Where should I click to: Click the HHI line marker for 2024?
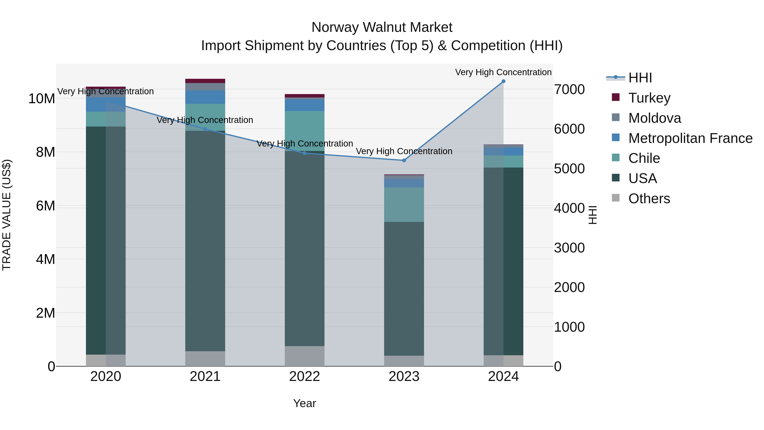pos(503,81)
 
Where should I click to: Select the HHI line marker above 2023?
pos(404,160)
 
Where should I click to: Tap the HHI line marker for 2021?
pos(205,129)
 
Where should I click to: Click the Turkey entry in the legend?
pos(649,98)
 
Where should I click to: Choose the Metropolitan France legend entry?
pos(690,138)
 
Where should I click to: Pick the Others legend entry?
pos(649,199)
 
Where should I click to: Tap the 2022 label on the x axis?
pos(305,376)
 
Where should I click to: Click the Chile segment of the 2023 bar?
pos(404,204)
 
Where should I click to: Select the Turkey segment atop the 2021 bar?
pos(205,81)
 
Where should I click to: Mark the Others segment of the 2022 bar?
pos(305,356)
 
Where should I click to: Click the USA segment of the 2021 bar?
pos(205,241)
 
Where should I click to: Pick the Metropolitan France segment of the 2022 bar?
pos(305,105)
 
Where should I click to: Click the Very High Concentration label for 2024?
pos(503,72)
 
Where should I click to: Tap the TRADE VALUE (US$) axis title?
pos(7,215)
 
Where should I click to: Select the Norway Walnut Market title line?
pos(382,27)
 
